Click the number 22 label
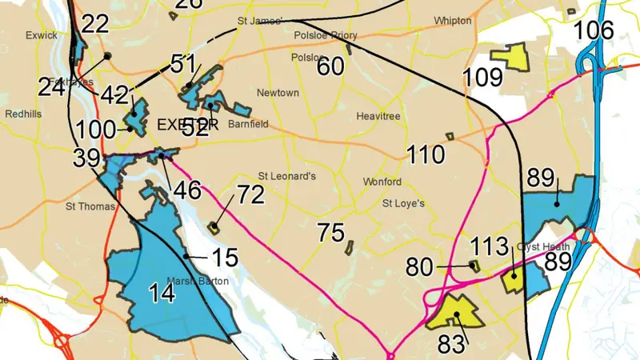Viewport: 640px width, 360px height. (94, 24)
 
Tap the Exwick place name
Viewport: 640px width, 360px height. (42, 35)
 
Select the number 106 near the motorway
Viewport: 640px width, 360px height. (594, 30)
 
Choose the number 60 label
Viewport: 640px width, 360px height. (330, 67)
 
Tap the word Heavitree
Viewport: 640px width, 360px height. (377, 117)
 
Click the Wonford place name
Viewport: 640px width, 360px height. (382, 182)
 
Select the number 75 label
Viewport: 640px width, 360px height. (331, 234)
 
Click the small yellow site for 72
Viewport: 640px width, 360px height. (214, 227)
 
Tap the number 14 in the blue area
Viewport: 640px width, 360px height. (162, 294)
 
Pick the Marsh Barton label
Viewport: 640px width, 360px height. (197, 281)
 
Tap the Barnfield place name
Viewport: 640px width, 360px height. (247, 124)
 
